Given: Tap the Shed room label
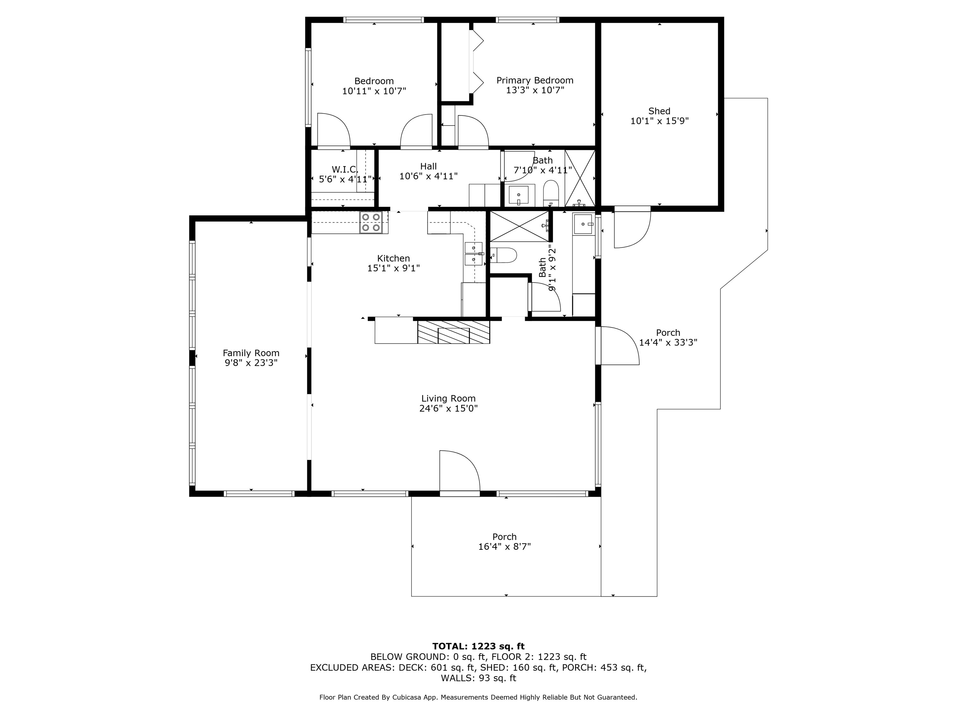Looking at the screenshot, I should [x=659, y=111].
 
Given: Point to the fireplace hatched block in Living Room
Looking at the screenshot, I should [x=453, y=332].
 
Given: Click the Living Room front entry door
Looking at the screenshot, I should [x=459, y=471].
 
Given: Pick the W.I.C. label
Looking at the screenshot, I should [x=345, y=169].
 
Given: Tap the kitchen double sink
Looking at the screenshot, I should [x=474, y=254].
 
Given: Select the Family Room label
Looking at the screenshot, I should [x=251, y=353].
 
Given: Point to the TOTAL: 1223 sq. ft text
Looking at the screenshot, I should [x=478, y=646].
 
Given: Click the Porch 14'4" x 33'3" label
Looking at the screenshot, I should [x=668, y=333].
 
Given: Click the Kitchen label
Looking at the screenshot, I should [x=393, y=258].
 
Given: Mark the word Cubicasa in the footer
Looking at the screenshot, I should [x=408, y=697].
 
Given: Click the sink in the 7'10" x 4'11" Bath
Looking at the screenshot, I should [x=518, y=196].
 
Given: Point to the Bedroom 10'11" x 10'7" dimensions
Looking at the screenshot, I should [x=374, y=91].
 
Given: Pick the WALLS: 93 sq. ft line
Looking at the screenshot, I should [x=478, y=678].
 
